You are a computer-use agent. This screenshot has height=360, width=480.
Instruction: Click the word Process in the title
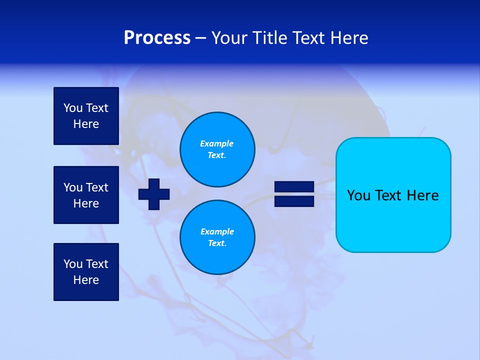pyautogui.click(x=157, y=38)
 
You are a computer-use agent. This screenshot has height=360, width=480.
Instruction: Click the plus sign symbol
pyautogui.click(x=154, y=194)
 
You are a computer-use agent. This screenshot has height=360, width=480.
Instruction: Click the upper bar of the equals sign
pyautogui.click(x=294, y=186)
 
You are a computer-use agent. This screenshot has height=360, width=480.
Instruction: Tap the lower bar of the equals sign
pyautogui.click(x=294, y=201)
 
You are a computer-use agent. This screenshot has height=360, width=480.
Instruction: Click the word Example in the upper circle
pyautogui.click(x=216, y=143)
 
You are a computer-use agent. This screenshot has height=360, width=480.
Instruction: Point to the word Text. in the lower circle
pyautogui.click(x=217, y=243)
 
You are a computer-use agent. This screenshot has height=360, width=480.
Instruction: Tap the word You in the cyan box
pyautogui.click(x=358, y=195)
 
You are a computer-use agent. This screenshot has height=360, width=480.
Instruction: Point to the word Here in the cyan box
pyautogui.click(x=422, y=195)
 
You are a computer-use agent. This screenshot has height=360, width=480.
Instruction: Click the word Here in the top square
pyautogui.click(x=86, y=124)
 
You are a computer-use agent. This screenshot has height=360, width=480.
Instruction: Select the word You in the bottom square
pyautogui.click(x=73, y=263)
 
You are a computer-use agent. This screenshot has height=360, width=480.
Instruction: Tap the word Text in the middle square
pyautogui.click(x=97, y=187)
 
